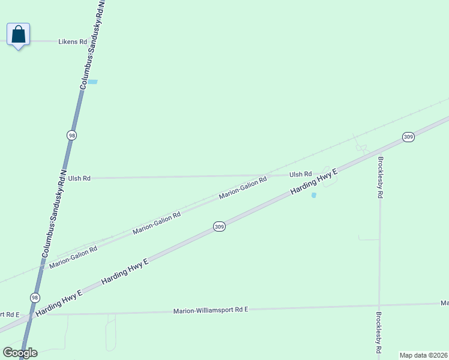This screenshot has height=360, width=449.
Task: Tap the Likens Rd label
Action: pyautogui.click(x=73, y=42)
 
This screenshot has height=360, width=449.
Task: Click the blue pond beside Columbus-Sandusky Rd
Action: pyautogui.click(x=92, y=82)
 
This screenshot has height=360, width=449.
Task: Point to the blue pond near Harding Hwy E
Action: pyautogui.click(x=313, y=195)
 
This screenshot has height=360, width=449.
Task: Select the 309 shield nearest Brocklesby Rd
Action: pyautogui.click(x=408, y=137)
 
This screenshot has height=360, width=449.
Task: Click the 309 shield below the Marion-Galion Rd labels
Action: pyautogui.click(x=219, y=226)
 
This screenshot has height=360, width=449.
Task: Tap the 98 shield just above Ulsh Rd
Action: pyautogui.click(x=72, y=135)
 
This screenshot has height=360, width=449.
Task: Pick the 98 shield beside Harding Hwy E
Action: pyautogui.click(x=35, y=298)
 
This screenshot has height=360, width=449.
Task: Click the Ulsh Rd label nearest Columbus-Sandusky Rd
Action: pyautogui.click(x=79, y=178)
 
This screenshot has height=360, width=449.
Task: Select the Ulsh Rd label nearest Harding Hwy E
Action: pyautogui.click(x=300, y=175)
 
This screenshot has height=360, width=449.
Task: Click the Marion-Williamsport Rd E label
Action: pyautogui.click(x=210, y=310)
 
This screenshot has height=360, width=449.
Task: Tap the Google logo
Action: pyautogui.click(x=20, y=353)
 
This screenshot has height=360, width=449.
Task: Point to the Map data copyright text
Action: pyautogui.click(x=424, y=355)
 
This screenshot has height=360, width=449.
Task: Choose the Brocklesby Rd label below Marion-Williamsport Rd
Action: pyautogui.click(x=379, y=332)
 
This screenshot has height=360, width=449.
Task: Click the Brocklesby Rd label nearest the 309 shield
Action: pyautogui.click(x=380, y=178)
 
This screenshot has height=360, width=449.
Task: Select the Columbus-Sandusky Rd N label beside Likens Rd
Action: pyautogui.click(x=92, y=45)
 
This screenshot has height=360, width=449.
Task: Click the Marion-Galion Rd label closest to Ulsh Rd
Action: pyautogui.click(x=243, y=188)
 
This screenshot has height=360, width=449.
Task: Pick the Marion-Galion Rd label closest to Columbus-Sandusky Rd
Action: pyautogui.click(x=73, y=257)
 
